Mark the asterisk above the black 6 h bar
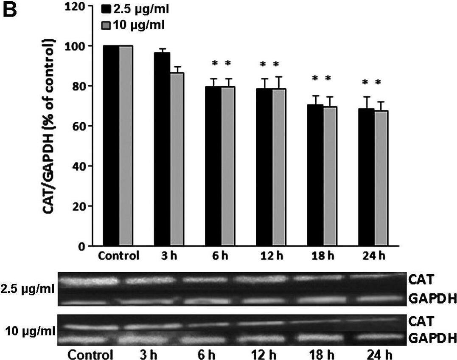[x=215, y=64]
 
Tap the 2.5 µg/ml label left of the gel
[x=28, y=290]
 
